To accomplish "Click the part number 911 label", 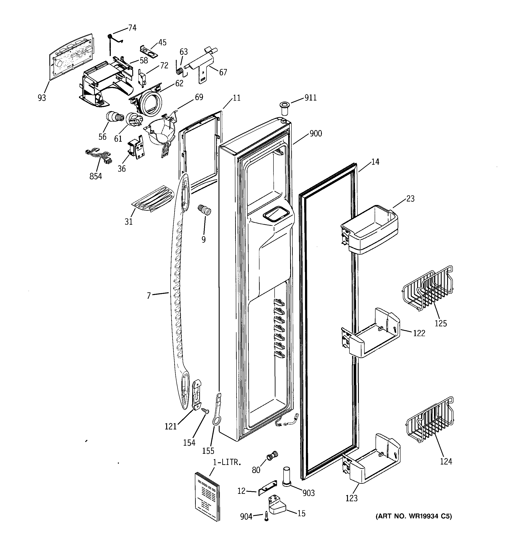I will pos(310,98).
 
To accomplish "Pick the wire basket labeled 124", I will pos(430,422).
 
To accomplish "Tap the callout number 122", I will pos(419,333).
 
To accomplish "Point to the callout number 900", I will pos(316,133).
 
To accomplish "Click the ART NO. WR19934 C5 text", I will pos(413,516).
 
